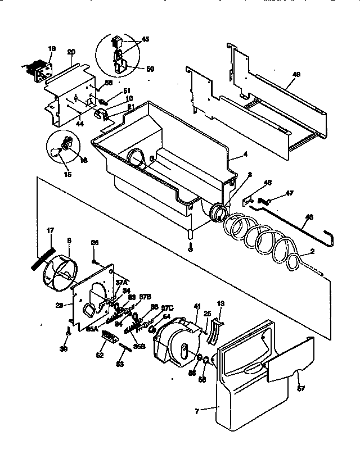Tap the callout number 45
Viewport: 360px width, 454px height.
click(x=146, y=40)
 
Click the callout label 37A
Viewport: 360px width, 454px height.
click(x=121, y=282)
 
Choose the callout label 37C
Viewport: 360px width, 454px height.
click(x=166, y=308)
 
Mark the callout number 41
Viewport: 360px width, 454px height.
click(x=197, y=306)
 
